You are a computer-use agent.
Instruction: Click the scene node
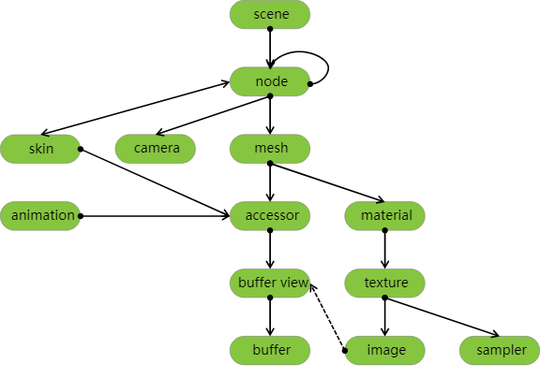click(x=270, y=15)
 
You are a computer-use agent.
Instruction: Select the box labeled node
click(x=270, y=82)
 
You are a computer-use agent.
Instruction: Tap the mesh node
click(x=270, y=149)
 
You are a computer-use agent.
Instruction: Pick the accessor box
click(x=270, y=216)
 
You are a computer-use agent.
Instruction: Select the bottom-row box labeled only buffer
click(x=270, y=351)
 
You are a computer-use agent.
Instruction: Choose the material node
click(x=385, y=216)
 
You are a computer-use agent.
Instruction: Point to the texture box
click(x=385, y=283)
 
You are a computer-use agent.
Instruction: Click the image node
click(x=385, y=351)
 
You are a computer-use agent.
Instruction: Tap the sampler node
click(x=500, y=351)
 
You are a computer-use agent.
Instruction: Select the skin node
click(x=40, y=149)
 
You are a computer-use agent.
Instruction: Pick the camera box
click(x=156, y=149)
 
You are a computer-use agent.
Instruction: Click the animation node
click(x=40, y=216)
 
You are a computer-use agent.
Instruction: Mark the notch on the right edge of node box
click(x=309, y=82)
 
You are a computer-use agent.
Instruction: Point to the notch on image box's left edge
click(x=346, y=351)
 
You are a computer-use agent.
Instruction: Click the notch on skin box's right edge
click(x=80, y=149)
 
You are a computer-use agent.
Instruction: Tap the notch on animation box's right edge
click(x=80, y=216)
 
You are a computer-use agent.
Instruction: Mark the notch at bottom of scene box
click(x=270, y=28)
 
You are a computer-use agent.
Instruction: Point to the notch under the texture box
click(x=385, y=297)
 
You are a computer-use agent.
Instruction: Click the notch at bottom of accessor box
click(x=270, y=229)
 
